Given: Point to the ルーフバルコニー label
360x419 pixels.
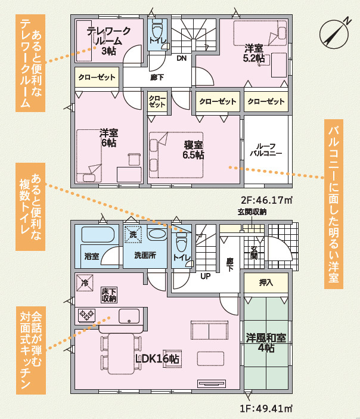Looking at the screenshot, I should pyautogui.click(x=265, y=149).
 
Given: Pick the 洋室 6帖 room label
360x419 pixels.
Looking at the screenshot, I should pyautogui.click(x=108, y=138).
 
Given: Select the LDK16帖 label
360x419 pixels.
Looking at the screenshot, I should pyautogui.click(x=157, y=359).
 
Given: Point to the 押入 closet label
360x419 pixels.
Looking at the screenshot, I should pyautogui.click(x=266, y=283).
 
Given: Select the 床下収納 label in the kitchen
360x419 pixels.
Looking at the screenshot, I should pyautogui.click(x=108, y=294).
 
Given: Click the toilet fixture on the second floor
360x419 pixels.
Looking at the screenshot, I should pyautogui.click(x=157, y=30).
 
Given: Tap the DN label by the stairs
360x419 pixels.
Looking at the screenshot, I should pyautogui.click(x=182, y=58).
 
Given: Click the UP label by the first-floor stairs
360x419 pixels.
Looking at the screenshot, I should pyautogui.click(x=204, y=277).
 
